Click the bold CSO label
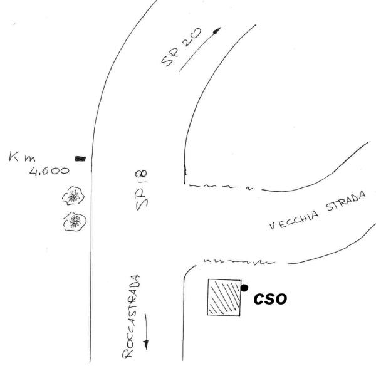click(x=270, y=300)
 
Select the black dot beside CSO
click(x=244, y=288)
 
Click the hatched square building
click(x=224, y=297)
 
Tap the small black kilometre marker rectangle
click(x=80, y=158)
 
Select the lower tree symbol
click(x=75, y=221)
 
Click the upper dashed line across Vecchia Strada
click(x=219, y=187)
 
